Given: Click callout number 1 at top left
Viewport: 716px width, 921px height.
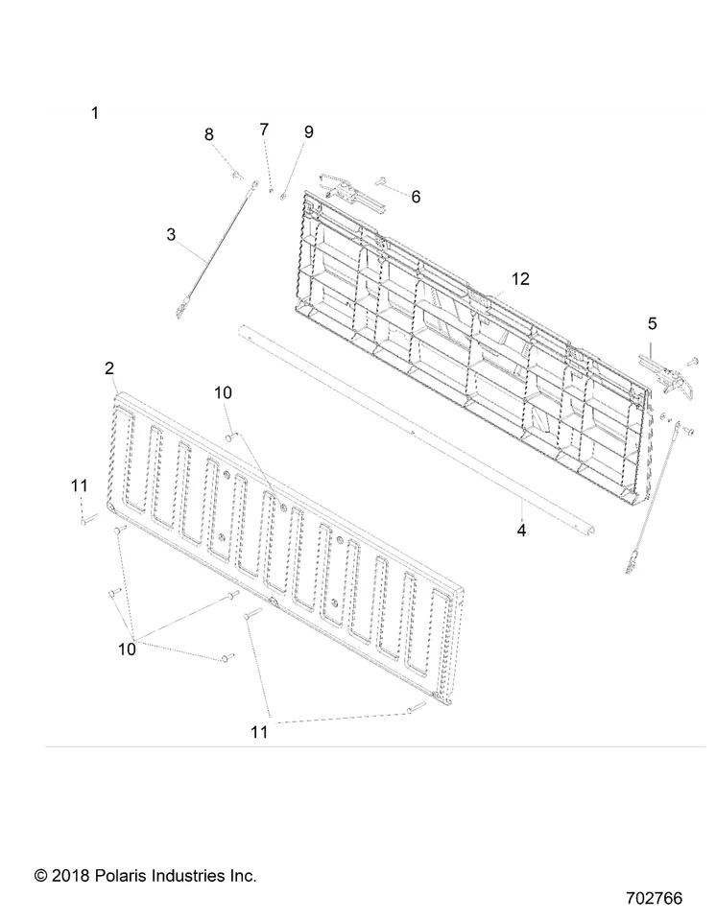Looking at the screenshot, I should pyautogui.click(x=94, y=113).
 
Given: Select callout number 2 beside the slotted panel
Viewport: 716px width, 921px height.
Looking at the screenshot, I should pyautogui.click(x=109, y=368).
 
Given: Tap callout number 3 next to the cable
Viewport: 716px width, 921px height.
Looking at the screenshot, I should pyautogui.click(x=171, y=234).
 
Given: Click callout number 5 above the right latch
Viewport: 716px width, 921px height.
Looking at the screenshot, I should pyautogui.click(x=652, y=323).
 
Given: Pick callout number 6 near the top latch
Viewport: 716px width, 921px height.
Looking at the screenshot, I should pyautogui.click(x=416, y=197).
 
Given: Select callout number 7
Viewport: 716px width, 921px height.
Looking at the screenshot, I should pyautogui.click(x=264, y=129).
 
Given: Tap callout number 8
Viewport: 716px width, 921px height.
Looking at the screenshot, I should pyautogui.click(x=209, y=135).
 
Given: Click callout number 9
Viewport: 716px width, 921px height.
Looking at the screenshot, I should pyautogui.click(x=308, y=132).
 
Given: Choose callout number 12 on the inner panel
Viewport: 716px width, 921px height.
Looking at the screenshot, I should pyautogui.click(x=520, y=279).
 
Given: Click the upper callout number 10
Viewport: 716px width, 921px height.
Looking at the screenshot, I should pyautogui.click(x=223, y=392).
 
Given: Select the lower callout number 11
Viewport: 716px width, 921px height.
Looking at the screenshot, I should pyautogui.click(x=259, y=732).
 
